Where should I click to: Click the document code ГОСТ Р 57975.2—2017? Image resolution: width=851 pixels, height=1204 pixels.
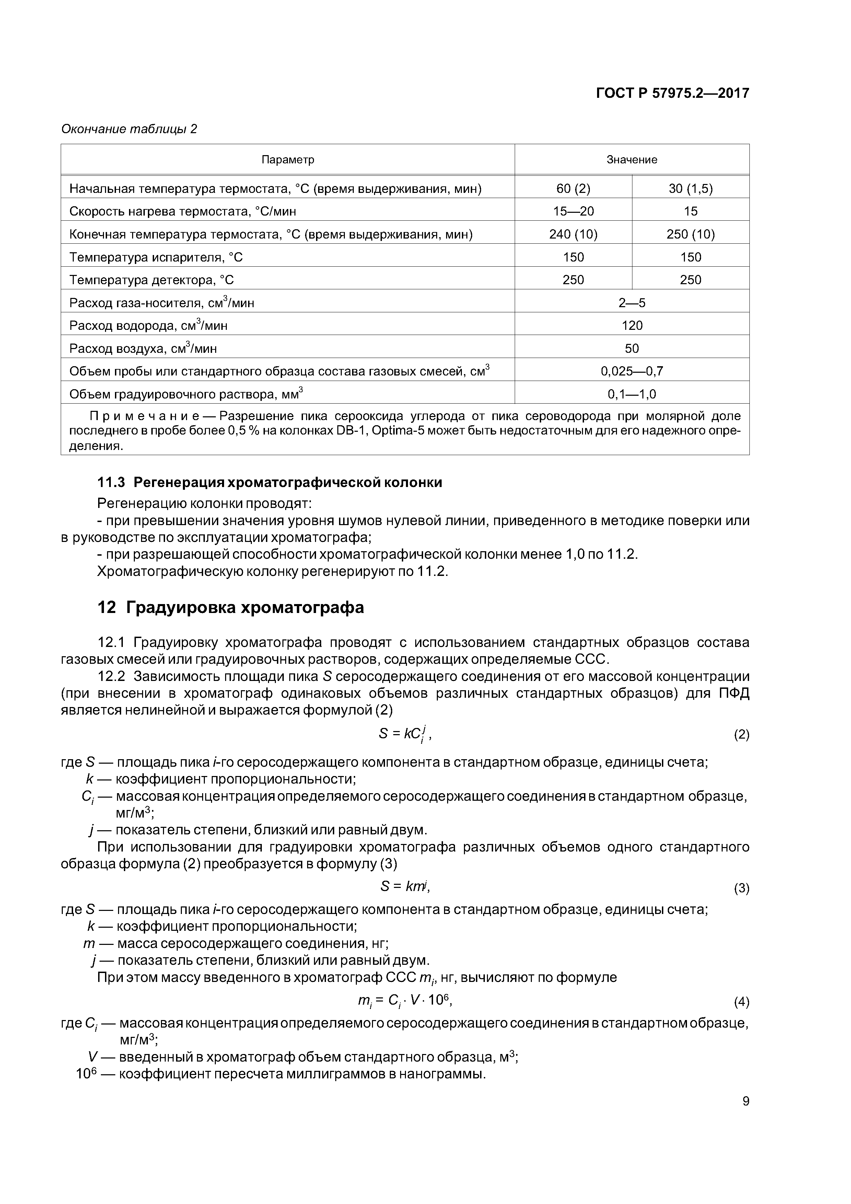pos(672,93)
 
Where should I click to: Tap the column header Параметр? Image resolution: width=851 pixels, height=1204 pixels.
pos(288,159)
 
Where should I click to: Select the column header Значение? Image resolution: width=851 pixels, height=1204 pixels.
pos(631,159)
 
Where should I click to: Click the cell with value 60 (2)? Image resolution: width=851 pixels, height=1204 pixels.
pos(573,189)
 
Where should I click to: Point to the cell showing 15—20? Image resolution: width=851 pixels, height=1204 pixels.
pos(573,211)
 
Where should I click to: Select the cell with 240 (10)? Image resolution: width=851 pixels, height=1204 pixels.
pos(573,234)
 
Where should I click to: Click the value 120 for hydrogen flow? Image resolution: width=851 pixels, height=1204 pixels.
pos(632,326)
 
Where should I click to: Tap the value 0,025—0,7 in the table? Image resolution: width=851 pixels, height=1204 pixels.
pos(632,371)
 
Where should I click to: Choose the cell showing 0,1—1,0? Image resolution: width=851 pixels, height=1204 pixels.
pos(632,394)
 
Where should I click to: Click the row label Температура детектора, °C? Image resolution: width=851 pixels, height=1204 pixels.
pos(152,280)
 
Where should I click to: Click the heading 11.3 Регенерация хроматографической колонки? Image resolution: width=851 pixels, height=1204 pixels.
pos(269,483)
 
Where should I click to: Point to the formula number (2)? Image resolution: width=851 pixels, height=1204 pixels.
pos(741,735)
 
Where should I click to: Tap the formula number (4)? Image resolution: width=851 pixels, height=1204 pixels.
pos(741,1002)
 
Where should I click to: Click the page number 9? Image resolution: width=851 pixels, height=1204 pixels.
pos(746,1115)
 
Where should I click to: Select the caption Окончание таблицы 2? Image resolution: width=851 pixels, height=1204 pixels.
pos(129,129)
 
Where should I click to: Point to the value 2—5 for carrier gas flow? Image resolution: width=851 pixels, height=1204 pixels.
pos(632,303)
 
